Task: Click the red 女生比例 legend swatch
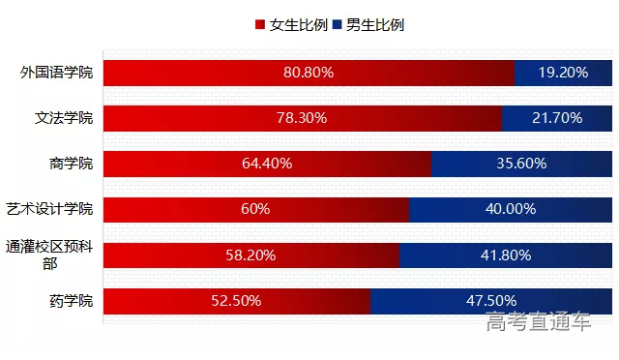click(259, 25)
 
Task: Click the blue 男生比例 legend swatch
click(338, 25)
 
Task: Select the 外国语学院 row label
click(57, 73)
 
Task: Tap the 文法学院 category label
click(64, 118)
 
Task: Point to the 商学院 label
click(71, 164)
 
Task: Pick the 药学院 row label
click(71, 301)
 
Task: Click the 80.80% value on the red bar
click(309, 73)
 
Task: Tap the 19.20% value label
click(563, 73)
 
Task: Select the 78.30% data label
click(302, 118)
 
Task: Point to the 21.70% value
click(557, 118)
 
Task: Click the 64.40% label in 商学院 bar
click(267, 164)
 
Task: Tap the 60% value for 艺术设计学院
click(255, 209)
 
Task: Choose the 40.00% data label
click(511, 209)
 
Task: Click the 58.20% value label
click(251, 255)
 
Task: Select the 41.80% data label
click(506, 255)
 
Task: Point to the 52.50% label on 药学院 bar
click(236, 301)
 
